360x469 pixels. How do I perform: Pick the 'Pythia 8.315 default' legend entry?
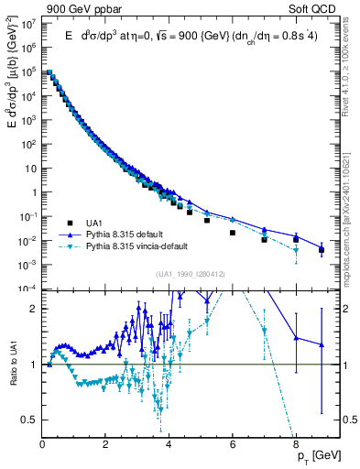pyautogui.click(x=137, y=235)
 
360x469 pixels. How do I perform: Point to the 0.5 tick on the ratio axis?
pyautogui.click(x=32, y=420)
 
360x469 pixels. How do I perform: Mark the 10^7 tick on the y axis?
pyautogui.click(x=29, y=23)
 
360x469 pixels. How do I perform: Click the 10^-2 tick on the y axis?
pyautogui.click(x=28, y=241)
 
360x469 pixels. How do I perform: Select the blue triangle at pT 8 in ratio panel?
pyautogui.click(x=296, y=338)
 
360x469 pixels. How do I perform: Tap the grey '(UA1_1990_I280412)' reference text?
pyautogui.click(x=180, y=274)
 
